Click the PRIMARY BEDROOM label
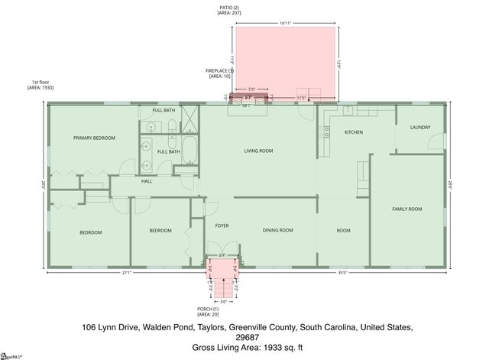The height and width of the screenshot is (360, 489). tap(94, 138)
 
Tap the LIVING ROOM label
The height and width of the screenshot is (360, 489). tap(258, 151)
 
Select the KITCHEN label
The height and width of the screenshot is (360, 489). tap(353, 132)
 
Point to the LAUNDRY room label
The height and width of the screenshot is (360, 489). tap(419, 128)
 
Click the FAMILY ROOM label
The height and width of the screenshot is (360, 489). tap(406, 209)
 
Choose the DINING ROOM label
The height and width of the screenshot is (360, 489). tap(277, 230)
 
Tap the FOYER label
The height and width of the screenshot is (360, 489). tap(222, 225)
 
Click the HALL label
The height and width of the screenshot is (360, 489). tap(147, 181)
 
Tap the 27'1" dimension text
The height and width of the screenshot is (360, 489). tap(127, 271)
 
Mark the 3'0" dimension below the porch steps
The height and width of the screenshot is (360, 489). tap(223, 301)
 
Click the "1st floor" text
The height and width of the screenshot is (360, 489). tap(40, 82)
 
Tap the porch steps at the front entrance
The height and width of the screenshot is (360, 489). tap(222, 289)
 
